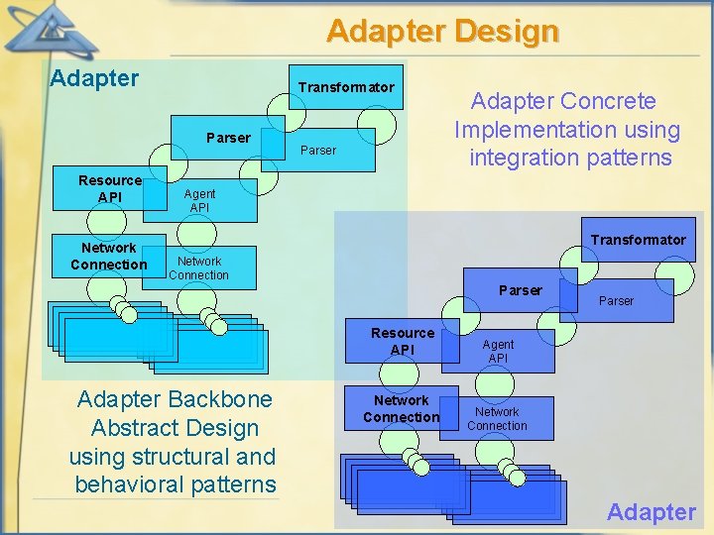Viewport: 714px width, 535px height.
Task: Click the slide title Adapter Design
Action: [442, 32]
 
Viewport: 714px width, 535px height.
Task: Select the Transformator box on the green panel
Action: [346, 88]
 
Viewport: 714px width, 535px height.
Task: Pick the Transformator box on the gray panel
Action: [638, 240]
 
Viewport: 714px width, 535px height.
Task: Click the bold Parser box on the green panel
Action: [228, 138]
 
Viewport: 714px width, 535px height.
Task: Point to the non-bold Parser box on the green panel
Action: [318, 151]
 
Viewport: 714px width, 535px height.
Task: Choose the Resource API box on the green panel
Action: [110, 188]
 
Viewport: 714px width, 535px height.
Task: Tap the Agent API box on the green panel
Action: [199, 201]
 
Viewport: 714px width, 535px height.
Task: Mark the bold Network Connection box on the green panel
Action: [108, 257]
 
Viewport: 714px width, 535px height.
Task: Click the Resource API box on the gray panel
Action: [403, 341]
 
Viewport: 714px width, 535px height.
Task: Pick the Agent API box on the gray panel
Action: [498, 351]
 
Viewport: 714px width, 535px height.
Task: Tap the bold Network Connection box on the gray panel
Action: [401, 408]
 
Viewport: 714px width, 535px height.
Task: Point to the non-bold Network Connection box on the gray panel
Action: [497, 418]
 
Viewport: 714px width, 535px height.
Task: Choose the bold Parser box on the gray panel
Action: [521, 290]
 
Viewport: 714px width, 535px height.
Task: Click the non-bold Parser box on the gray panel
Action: [616, 300]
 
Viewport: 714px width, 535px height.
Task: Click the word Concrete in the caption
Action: [609, 101]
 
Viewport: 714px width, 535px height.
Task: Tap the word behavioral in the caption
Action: [128, 484]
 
